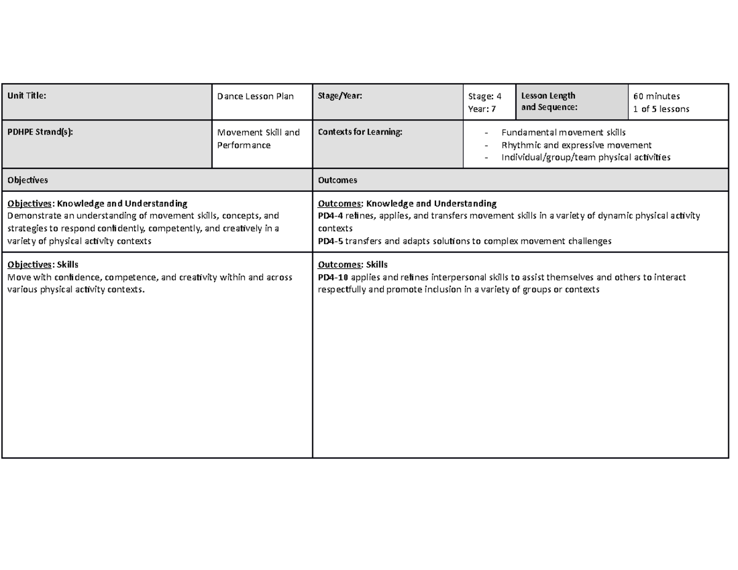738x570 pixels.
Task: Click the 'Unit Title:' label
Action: [x=26, y=96]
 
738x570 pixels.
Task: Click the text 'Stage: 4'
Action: [x=485, y=96]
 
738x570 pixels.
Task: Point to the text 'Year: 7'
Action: [x=482, y=109]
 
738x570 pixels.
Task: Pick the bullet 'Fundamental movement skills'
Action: [x=563, y=132]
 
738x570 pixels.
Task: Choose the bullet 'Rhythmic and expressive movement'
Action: [x=576, y=145]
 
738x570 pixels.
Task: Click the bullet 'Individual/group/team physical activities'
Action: [x=585, y=157]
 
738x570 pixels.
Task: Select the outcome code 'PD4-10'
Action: [x=332, y=277]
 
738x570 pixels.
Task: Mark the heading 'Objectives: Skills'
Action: [x=42, y=264]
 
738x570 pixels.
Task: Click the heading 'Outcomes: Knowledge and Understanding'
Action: [x=407, y=203]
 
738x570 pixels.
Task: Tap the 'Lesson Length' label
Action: [x=548, y=96]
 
